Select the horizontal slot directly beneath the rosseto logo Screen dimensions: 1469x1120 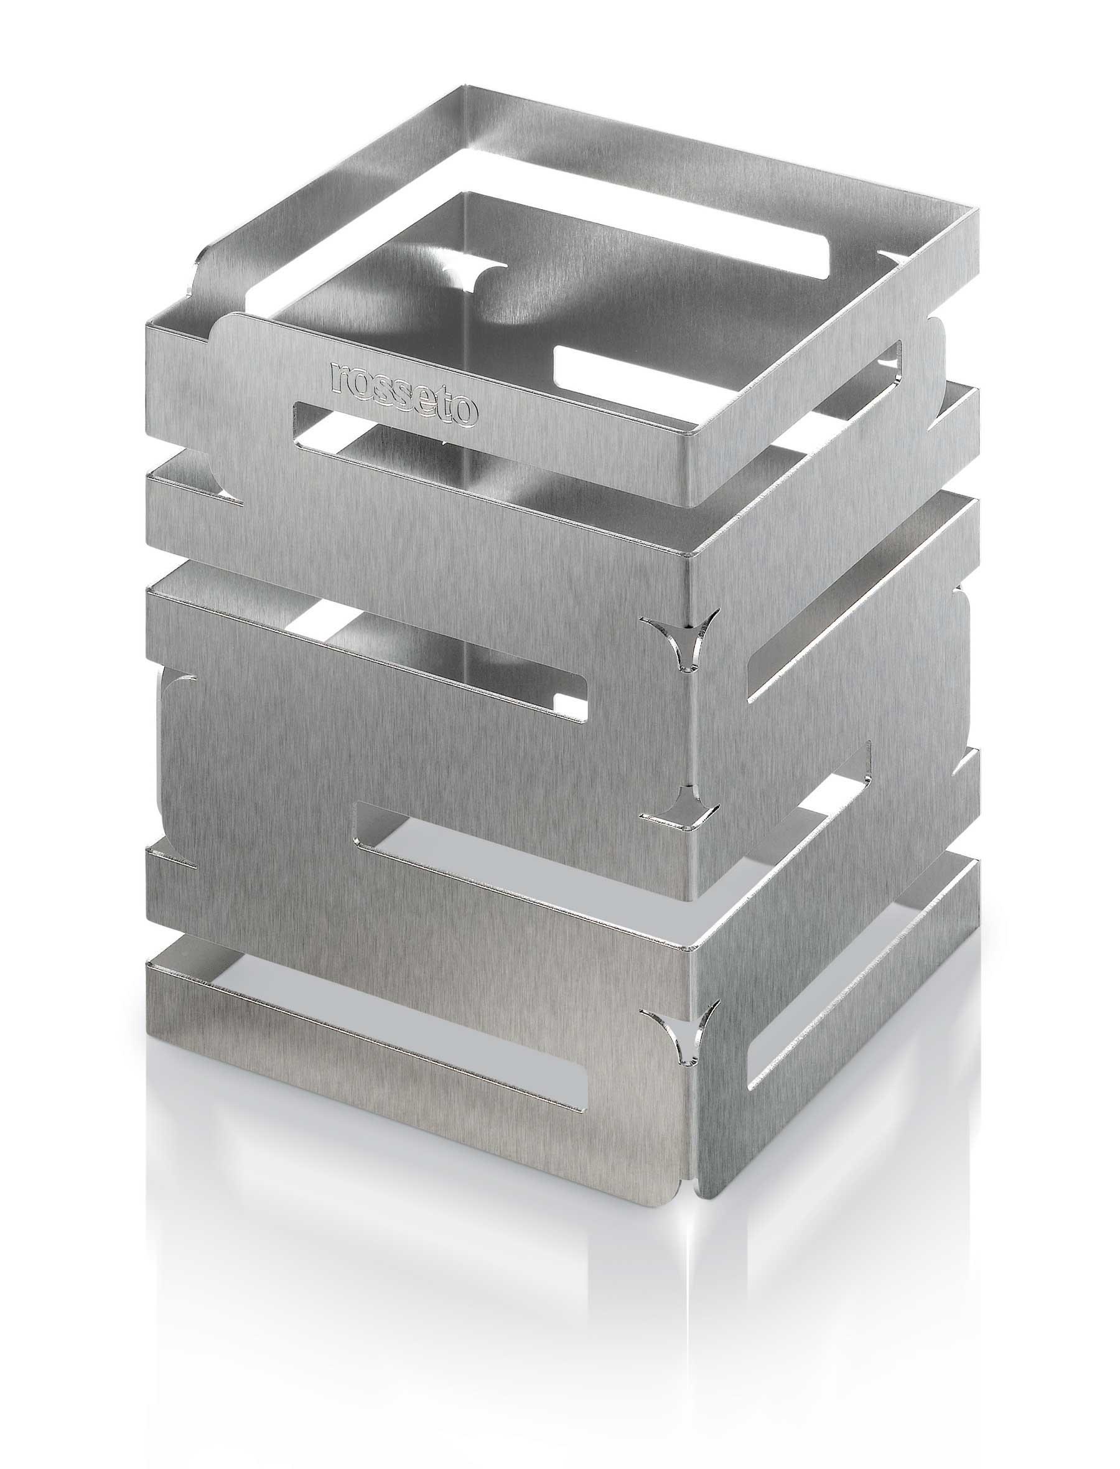(373, 433)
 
